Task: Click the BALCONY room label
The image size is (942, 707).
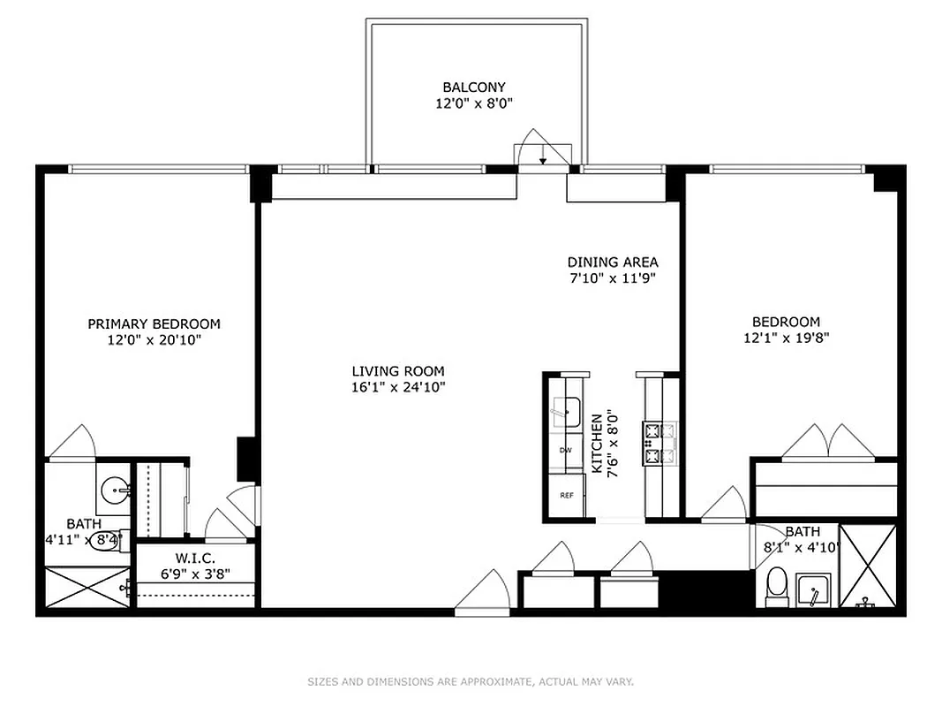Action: click(474, 87)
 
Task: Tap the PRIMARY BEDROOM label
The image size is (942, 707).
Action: click(154, 324)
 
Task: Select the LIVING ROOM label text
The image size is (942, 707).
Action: click(397, 372)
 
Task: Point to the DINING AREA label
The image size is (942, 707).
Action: click(612, 262)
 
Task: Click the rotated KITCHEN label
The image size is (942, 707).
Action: click(597, 445)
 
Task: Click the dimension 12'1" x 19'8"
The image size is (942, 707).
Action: click(786, 337)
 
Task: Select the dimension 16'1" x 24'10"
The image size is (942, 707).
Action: click(397, 387)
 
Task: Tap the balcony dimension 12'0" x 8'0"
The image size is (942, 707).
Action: click(474, 103)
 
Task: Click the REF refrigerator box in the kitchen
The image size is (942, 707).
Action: click(566, 495)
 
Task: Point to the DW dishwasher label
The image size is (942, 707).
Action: click(565, 451)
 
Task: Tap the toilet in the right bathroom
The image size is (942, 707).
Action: click(777, 586)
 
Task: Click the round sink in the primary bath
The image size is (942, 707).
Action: click(114, 489)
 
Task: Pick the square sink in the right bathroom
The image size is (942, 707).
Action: click(812, 589)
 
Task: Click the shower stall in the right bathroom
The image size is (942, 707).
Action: click(867, 566)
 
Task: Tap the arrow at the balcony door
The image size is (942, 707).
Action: click(542, 160)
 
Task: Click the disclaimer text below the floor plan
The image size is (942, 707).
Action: click(471, 681)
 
